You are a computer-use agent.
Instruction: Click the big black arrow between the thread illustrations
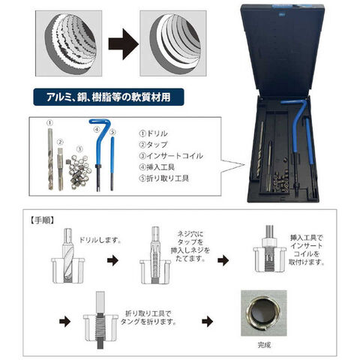123,44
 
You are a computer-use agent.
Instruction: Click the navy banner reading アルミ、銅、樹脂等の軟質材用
109,97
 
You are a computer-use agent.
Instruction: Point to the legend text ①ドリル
153,133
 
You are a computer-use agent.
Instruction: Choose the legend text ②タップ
153,145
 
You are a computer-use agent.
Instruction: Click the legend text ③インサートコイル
171,156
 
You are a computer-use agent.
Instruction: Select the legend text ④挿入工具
157,167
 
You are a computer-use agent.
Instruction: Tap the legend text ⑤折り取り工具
163,178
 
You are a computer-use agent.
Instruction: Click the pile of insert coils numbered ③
79,172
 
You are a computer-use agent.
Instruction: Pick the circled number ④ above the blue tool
97,130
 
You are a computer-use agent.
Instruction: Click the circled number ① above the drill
50,123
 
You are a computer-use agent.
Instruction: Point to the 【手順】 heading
42,220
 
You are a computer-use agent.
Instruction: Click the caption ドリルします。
100,240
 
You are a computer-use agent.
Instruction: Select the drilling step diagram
68,256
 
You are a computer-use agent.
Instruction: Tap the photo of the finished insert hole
264,313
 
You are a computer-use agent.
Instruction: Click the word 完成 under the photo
264,345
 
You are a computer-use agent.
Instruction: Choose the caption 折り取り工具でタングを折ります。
148,317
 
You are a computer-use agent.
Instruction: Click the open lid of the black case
283,50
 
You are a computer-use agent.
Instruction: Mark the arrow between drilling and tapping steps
112,260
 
